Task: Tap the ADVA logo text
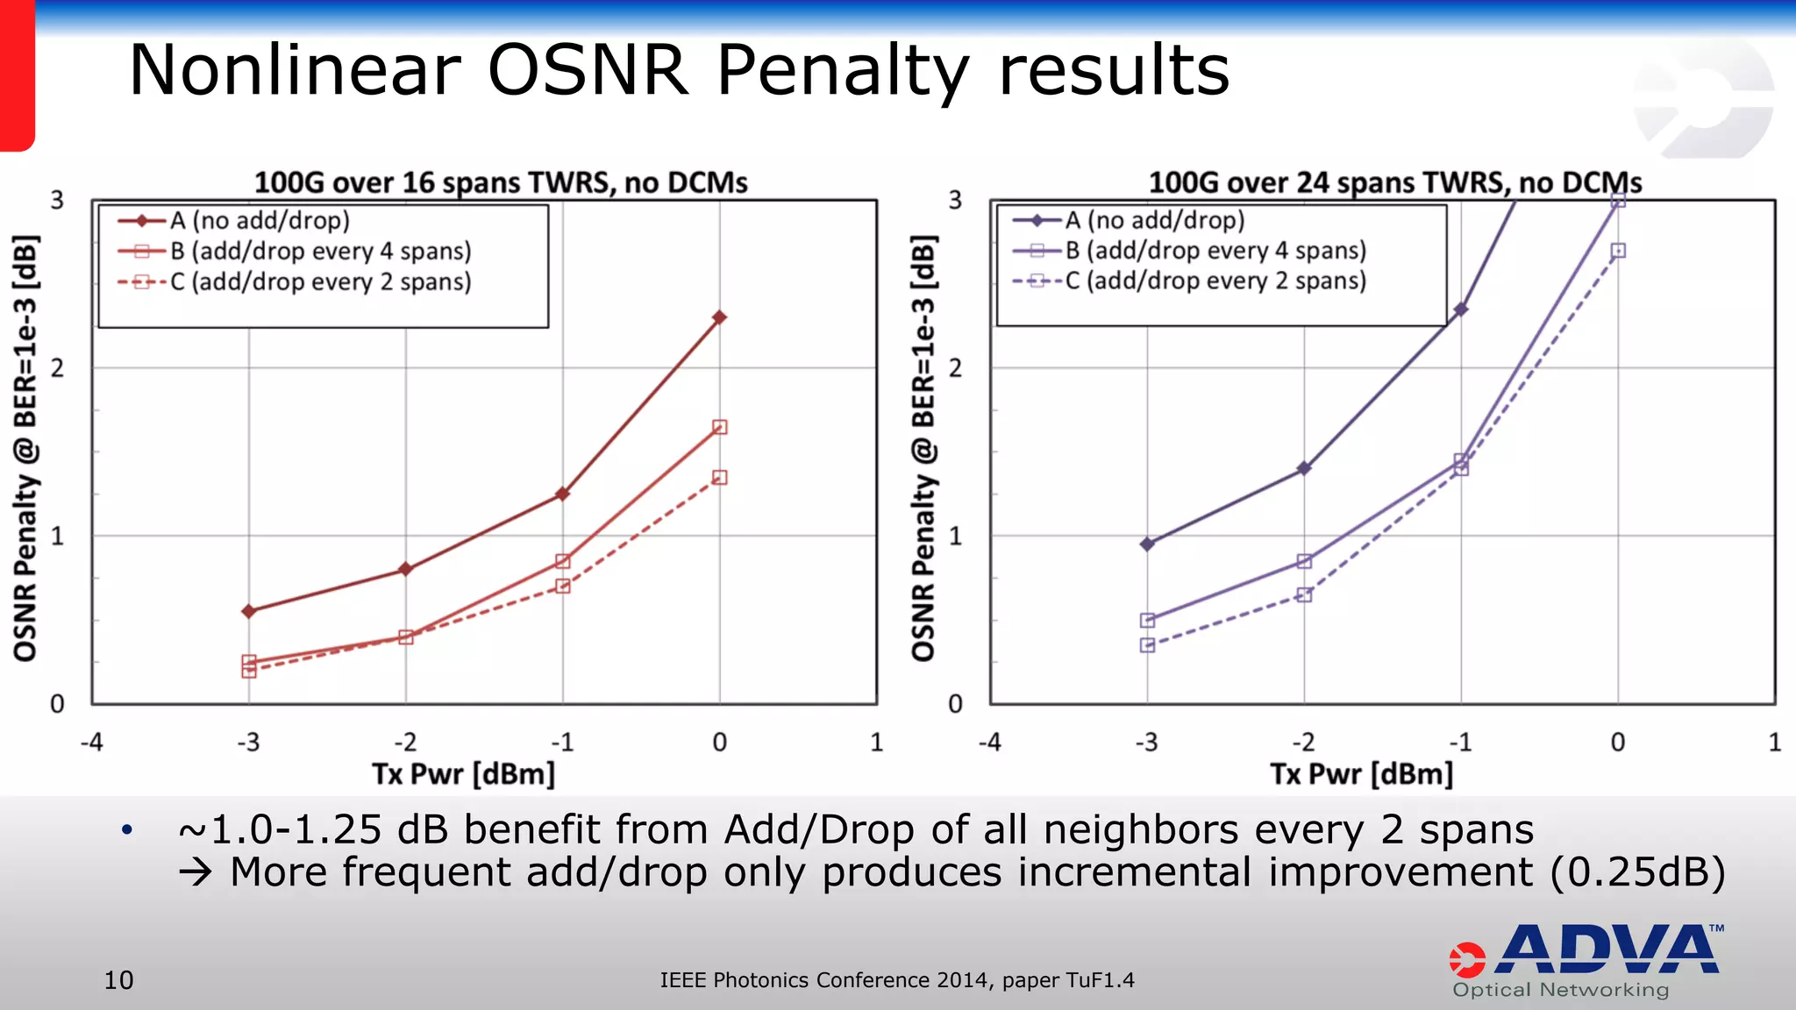tap(1607, 950)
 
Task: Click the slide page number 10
tap(118, 980)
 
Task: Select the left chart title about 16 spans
tap(501, 182)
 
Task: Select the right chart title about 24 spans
tap(1394, 182)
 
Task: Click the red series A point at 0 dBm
tap(719, 317)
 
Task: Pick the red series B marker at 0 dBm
tap(719, 427)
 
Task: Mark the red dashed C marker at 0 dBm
tap(719, 478)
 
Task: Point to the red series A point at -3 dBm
tap(249, 611)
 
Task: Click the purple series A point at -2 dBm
tap(1304, 468)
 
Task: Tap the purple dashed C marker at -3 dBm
tap(1147, 645)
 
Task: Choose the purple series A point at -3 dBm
tap(1147, 544)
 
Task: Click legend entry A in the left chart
tap(260, 221)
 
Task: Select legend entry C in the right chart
tap(1215, 281)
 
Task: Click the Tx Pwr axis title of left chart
tap(463, 774)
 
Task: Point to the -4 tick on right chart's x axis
tap(989, 743)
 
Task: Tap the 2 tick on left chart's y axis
tap(58, 368)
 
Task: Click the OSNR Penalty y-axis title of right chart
tap(923, 447)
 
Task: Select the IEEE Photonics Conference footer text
tap(896, 980)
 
